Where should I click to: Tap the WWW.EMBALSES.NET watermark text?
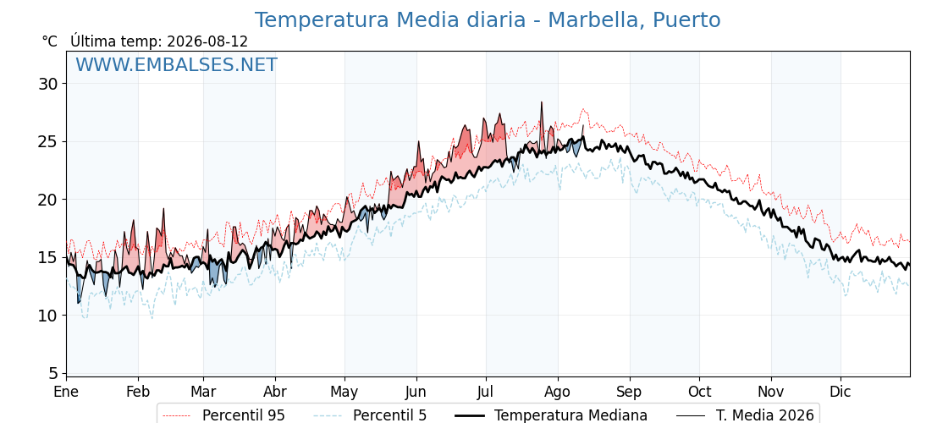pyautogui.click(x=177, y=64)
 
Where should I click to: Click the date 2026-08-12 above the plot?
pyautogui.click(x=207, y=41)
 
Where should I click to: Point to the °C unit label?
pyautogui.click(x=50, y=41)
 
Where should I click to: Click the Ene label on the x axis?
pyautogui.click(x=66, y=393)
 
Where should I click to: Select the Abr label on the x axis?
pyautogui.click(x=275, y=393)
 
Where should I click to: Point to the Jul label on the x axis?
pyautogui.click(x=486, y=393)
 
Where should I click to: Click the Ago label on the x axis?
pyautogui.click(x=558, y=393)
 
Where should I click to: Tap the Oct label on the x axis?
pyautogui.click(x=699, y=393)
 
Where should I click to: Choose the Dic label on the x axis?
pyautogui.click(x=841, y=393)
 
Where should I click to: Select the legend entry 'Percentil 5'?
pyautogui.click(x=371, y=415)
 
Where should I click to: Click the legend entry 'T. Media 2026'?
pyautogui.click(x=746, y=415)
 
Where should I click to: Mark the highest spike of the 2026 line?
pyautogui.click(x=542, y=102)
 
